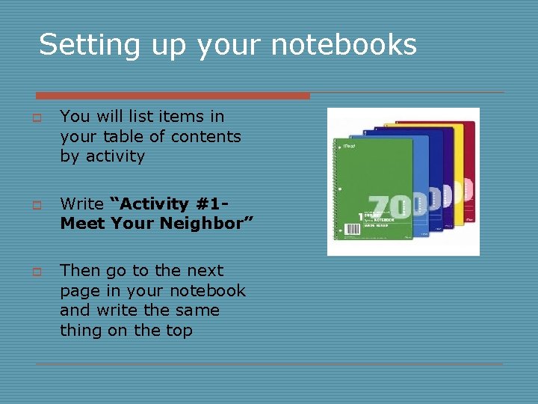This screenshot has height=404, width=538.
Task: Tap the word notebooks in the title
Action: click(343, 45)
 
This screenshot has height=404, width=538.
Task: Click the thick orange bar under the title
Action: click(172, 96)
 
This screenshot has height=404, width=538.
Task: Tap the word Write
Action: click(81, 203)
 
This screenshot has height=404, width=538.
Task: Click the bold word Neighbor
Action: click(207, 223)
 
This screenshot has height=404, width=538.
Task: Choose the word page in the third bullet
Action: click(78, 291)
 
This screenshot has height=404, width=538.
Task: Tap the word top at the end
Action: click(178, 331)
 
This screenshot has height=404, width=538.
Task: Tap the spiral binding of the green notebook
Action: click(336, 187)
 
